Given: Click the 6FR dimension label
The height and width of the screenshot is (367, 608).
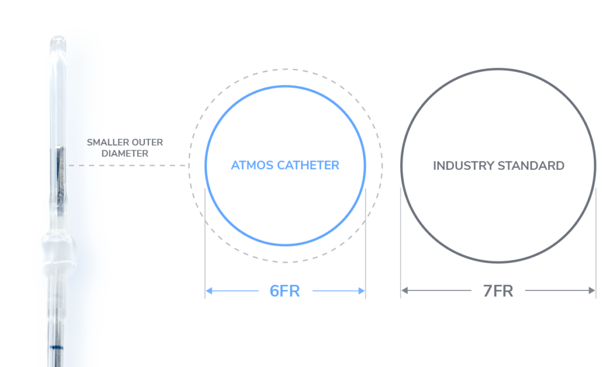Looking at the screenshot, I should tap(284, 291).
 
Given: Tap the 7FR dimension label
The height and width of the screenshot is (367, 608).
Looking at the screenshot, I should tap(498, 291).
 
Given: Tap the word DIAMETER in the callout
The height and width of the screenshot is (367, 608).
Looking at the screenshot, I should tap(126, 153).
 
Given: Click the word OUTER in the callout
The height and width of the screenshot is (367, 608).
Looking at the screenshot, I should tap(148, 143).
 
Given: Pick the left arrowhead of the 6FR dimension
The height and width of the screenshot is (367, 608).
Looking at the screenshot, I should tap(208, 290).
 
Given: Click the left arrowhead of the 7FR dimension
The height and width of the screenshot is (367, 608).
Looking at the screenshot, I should tap(404, 290).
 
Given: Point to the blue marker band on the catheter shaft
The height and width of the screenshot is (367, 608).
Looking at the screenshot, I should tap(57, 346).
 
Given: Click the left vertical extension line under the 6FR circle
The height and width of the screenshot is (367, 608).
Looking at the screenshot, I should tap(205, 249).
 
